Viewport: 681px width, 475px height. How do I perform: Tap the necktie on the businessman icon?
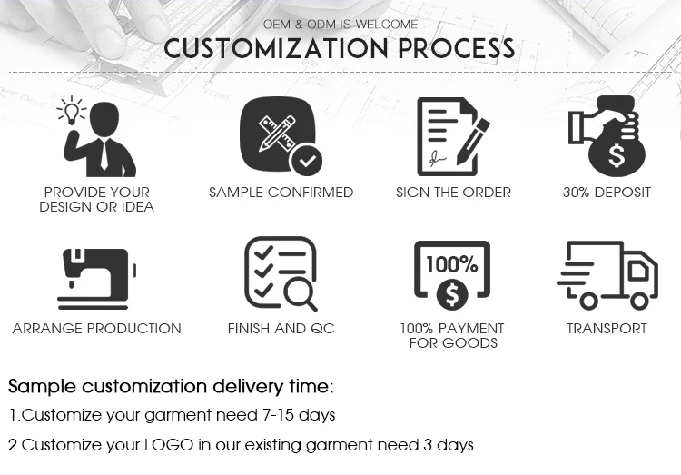click(104, 154)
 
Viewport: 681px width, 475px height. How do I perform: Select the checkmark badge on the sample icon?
click(307, 160)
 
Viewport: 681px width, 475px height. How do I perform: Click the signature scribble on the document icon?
click(438, 158)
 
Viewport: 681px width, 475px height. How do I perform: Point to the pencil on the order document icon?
click(473, 142)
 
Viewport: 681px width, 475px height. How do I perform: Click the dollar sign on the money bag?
click(617, 155)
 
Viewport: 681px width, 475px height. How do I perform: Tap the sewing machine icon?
click(97, 279)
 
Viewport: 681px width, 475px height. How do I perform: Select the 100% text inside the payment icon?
click(452, 264)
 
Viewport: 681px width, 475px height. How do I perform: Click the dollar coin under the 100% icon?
click(452, 295)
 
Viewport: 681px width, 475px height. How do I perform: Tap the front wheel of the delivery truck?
click(639, 301)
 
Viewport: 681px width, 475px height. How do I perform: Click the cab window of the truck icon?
click(639, 271)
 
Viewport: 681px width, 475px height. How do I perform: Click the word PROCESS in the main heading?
click(457, 48)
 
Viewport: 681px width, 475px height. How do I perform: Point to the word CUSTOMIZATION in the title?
click(276, 48)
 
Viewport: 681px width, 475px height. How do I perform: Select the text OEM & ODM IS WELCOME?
click(340, 25)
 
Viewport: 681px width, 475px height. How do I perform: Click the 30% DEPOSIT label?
click(607, 192)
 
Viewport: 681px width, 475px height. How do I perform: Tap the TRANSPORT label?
click(607, 328)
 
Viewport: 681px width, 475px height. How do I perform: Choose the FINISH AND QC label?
click(281, 328)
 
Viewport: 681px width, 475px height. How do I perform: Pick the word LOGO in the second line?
click(169, 445)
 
